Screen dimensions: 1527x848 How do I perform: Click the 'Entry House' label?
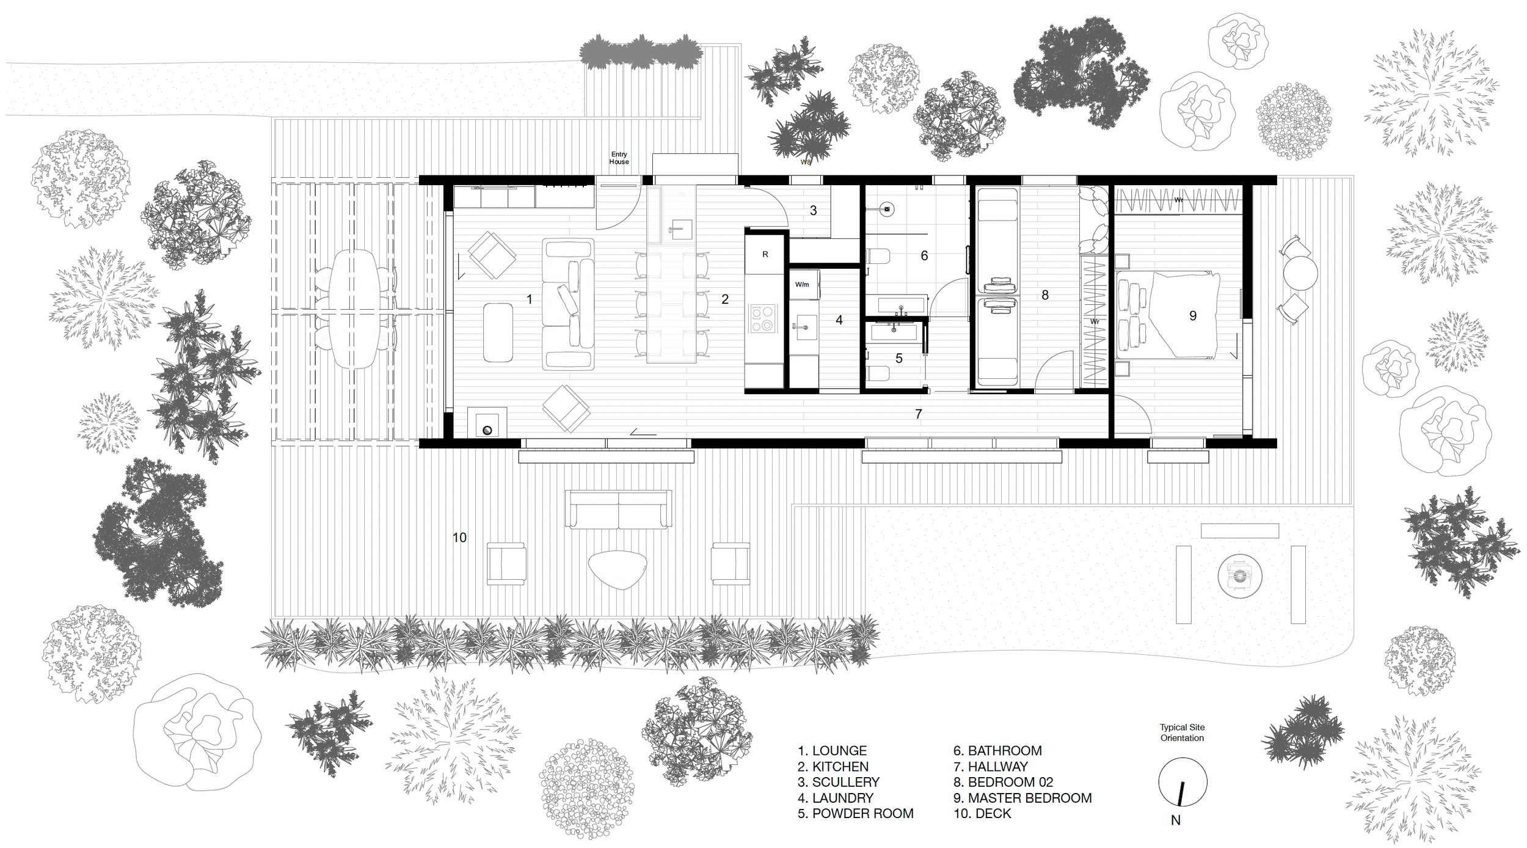click(619, 158)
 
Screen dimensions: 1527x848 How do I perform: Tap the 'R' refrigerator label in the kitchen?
click(765, 254)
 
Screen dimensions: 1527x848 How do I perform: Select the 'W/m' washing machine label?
click(802, 285)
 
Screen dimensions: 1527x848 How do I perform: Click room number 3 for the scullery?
click(813, 210)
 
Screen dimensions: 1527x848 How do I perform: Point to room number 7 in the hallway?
click(918, 414)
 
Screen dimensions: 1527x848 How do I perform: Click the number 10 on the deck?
click(459, 538)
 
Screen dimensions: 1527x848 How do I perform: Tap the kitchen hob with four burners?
click(762, 318)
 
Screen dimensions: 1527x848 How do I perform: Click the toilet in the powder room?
click(878, 373)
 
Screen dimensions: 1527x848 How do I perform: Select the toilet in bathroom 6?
click(878, 256)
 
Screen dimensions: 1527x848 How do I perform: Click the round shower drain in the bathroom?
click(887, 210)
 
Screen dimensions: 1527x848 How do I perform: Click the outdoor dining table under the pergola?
click(354, 309)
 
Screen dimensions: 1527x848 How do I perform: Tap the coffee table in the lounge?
click(498, 332)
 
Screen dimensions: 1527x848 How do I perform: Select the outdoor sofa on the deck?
click(618, 509)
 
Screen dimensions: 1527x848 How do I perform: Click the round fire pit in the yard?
click(1239, 576)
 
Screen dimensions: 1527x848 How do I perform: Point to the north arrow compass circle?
click(1183, 782)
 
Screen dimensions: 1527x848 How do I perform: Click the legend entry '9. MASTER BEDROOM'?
click(1022, 798)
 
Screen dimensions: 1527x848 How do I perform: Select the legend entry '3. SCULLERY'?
click(839, 782)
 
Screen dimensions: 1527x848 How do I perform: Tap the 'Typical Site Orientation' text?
click(1183, 733)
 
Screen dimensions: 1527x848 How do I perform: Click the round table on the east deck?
click(1300, 273)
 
